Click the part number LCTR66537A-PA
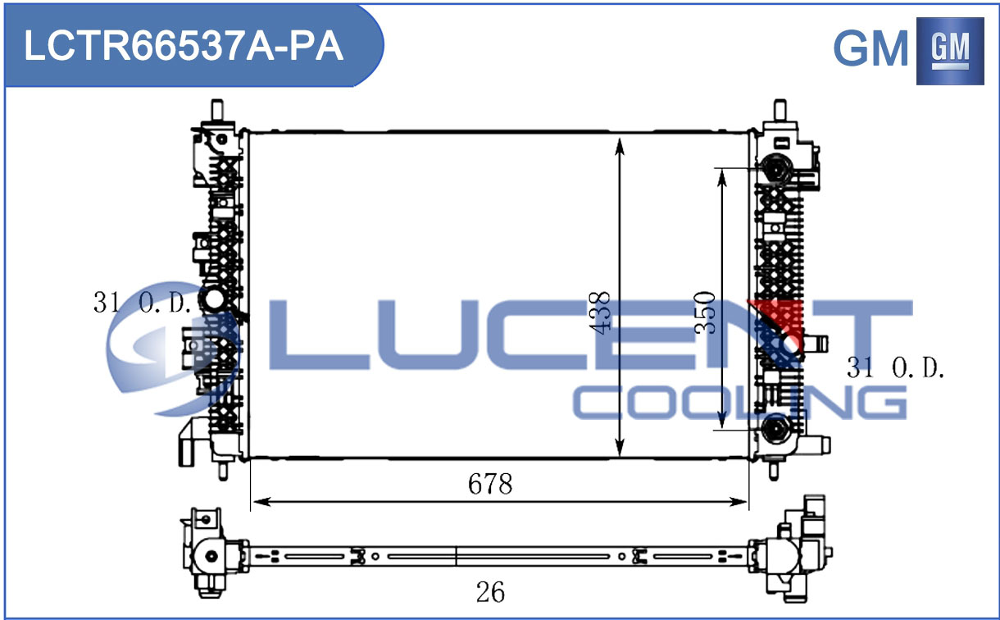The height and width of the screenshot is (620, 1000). pyautogui.click(x=184, y=47)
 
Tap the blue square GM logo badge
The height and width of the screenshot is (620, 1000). pyautogui.click(x=950, y=51)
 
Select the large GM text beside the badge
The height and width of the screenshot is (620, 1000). pyautogui.click(x=870, y=48)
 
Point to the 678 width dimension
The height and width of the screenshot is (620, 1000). pyautogui.click(x=490, y=484)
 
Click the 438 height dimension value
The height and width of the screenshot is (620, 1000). pyautogui.click(x=599, y=312)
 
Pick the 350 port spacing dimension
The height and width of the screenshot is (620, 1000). pyautogui.click(x=706, y=312)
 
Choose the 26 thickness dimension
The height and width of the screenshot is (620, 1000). pyautogui.click(x=490, y=592)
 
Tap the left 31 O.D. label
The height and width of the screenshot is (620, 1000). pyautogui.click(x=143, y=303)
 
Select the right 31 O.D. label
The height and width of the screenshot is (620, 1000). pyautogui.click(x=895, y=368)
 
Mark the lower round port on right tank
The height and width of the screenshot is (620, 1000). pyautogui.click(x=776, y=428)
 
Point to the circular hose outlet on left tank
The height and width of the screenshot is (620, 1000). pyautogui.click(x=214, y=299)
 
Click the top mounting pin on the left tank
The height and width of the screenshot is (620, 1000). pyautogui.click(x=217, y=109)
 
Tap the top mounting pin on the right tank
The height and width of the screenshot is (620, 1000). pyautogui.click(x=780, y=109)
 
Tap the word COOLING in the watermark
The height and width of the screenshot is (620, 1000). pyautogui.click(x=739, y=403)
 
